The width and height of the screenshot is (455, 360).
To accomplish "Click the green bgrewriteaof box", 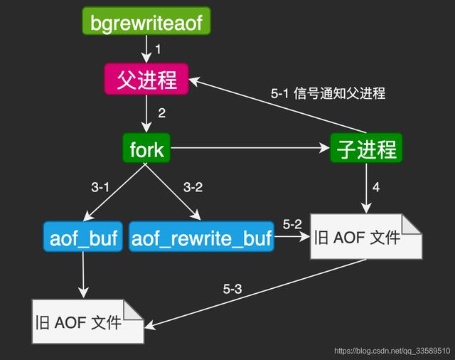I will (x=146, y=23).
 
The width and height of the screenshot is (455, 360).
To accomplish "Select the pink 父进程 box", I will (x=146, y=79).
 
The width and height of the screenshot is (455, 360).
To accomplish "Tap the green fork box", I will (x=146, y=149).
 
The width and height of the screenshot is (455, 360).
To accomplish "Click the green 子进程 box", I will (x=366, y=149).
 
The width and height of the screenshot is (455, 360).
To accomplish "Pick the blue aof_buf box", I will (x=84, y=238).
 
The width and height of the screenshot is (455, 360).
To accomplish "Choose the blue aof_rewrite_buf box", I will (x=202, y=238).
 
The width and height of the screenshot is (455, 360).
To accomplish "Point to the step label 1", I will (x=159, y=50).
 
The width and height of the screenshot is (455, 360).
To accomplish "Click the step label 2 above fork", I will (x=161, y=112).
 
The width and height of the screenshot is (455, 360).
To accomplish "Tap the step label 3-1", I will (x=101, y=188).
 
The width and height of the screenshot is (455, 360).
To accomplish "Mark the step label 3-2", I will (x=193, y=188).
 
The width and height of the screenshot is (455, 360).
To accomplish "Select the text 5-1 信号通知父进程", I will (x=328, y=93).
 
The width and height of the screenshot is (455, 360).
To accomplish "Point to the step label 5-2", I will (x=292, y=224).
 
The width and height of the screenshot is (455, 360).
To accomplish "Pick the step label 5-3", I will (x=232, y=289).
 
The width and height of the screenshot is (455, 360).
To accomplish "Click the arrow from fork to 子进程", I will (x=249, y=149).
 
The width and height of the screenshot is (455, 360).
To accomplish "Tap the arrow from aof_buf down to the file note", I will (x=84, y=274).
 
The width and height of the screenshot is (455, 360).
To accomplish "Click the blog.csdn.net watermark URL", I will (x=392, y=351).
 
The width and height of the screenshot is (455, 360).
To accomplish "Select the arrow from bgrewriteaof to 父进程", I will (x=146, y=50).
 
